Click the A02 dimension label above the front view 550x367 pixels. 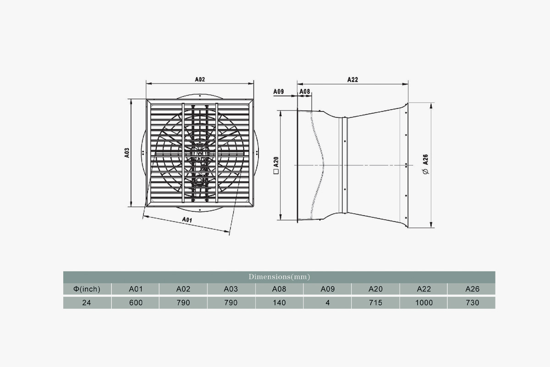(200, 79)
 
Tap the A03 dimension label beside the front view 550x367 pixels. (126, 153)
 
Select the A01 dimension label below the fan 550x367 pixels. (187, 219)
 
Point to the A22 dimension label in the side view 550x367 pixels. (352, 79)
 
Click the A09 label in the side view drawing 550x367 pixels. (279, 92)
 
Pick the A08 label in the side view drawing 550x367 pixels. (305, 92)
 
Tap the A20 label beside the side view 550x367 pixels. (276, 162)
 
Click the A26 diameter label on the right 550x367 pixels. (425, 160)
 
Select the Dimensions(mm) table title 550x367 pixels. (279, 277)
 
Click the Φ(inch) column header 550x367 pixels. (87, 289)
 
